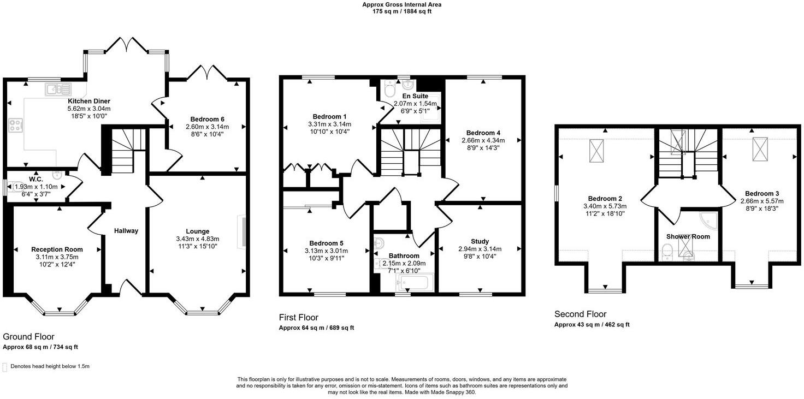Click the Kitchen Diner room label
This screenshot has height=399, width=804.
coord(89,102)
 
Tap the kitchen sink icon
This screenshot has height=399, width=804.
coord(58,89)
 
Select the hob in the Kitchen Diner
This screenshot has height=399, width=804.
coord(15,126)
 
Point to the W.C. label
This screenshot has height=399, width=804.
coord(36,178)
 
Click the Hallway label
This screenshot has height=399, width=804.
coord(126,231)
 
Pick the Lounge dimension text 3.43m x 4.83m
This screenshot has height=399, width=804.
coord(197,239)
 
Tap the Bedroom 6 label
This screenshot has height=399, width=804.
coord(207,120)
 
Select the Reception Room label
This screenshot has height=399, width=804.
coord(57,249)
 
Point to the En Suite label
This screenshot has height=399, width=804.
coord(415,96)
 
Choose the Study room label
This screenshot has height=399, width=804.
coord(480,241)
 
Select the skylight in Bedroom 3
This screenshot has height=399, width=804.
coord(760,147)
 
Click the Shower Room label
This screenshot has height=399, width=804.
coord(688,237)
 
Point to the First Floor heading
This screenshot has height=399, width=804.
coord(298,318)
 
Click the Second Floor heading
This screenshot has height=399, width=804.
coord(580,314)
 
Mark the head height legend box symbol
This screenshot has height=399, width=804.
coord(5,367)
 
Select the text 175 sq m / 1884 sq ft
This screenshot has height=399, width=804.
coord(402,11)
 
